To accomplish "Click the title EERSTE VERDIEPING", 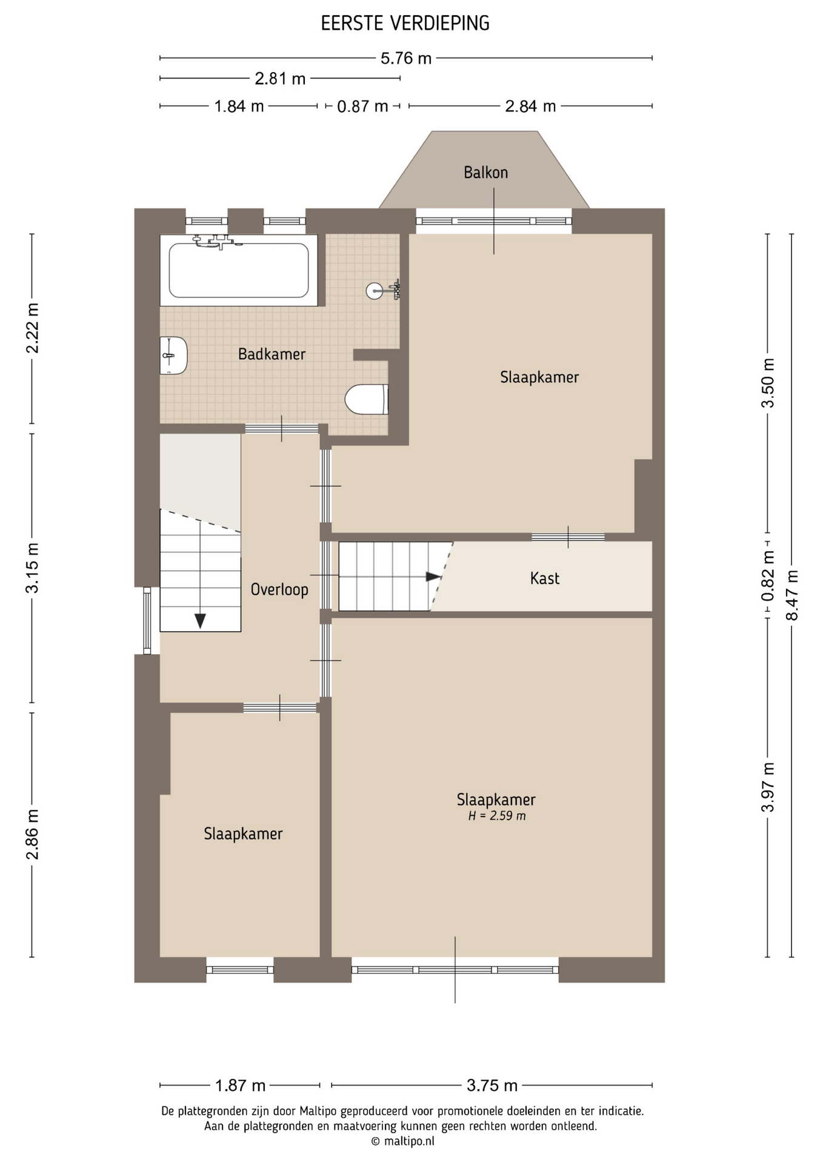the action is (x=405, y=24).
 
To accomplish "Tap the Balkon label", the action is (x=485, y=173).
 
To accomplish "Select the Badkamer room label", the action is (x=272, y=354).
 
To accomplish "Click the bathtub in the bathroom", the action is (x=239, y=270).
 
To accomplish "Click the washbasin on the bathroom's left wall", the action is (x=173, y=356).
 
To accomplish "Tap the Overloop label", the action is (x=279, y=589).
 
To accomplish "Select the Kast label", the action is (x=544, y=578).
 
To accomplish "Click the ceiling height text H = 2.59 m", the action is (x=497, y=816).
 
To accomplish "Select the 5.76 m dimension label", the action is (x=406, y=59).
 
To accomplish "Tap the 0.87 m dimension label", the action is (x=362, y=107).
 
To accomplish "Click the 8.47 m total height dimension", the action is (x=792, y=595).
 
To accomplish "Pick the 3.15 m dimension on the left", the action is (x=32, y=568).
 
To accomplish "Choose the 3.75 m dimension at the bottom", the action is (x=492, y=1085).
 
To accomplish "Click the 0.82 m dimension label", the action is (x=768, y=576).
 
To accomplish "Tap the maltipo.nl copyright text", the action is (x=402, y=1142).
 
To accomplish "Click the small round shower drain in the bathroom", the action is (x=375, y=291).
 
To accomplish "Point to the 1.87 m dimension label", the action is (x=241, y=1085).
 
